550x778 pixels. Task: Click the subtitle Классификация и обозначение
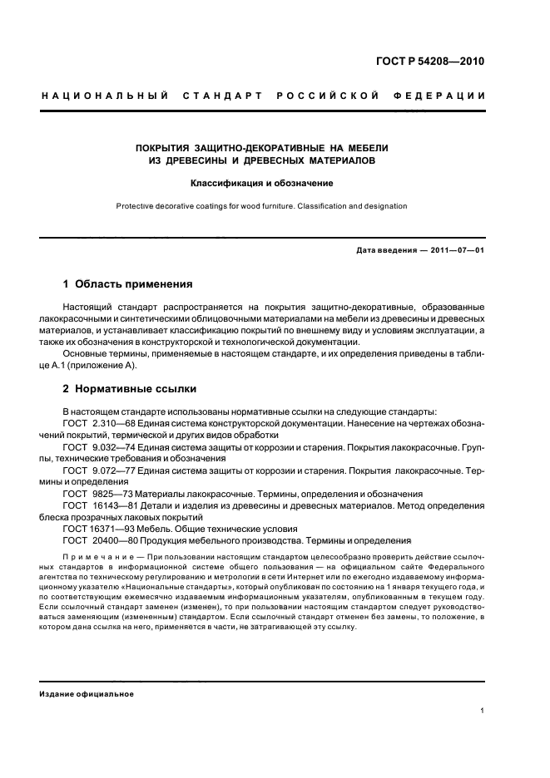(262, 182)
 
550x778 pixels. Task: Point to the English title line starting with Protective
(262, 206)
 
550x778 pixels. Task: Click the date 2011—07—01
(457, 250)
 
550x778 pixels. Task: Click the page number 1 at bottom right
(483, 710)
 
